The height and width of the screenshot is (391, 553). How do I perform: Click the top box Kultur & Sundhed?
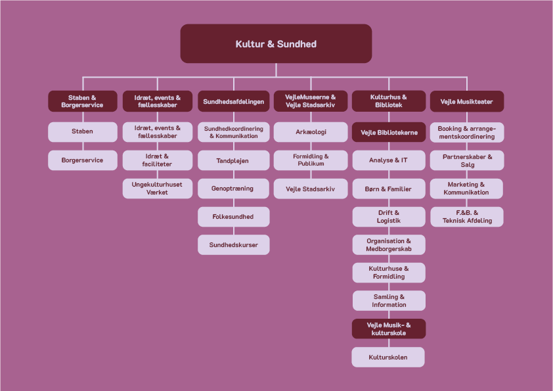(276, 44)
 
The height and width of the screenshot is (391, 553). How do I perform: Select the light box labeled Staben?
(82, 131)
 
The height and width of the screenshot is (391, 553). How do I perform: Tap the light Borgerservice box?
(82, 160)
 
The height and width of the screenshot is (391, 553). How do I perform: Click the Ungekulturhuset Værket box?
(157, 189)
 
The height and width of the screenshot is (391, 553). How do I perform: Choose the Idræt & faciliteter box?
(157, 160)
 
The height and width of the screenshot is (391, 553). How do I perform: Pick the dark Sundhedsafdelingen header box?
(233, 102)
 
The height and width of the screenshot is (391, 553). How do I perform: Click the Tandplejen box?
(233, 160)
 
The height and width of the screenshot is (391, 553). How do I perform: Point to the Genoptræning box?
(233, 189)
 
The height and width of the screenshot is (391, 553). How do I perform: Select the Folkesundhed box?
(233, 217)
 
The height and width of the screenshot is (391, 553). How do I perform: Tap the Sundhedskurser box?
(233, 245)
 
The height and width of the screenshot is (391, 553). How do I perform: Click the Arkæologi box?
(310, 131)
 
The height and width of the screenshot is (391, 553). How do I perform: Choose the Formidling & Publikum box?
(310, 160)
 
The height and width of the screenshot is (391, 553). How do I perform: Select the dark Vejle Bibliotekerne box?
(388, 132)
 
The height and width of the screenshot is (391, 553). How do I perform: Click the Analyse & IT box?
(388, 160)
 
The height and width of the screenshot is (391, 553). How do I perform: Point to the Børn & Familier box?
(388, 189)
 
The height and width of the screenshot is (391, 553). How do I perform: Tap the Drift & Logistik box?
(388, 217)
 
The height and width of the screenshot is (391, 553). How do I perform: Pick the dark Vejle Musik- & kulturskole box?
(388, 329)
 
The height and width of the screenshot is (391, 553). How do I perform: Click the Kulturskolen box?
(388, 357)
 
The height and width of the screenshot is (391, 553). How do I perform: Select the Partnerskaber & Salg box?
(467, 160)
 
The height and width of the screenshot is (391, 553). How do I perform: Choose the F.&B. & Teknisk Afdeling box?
(467, 217)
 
